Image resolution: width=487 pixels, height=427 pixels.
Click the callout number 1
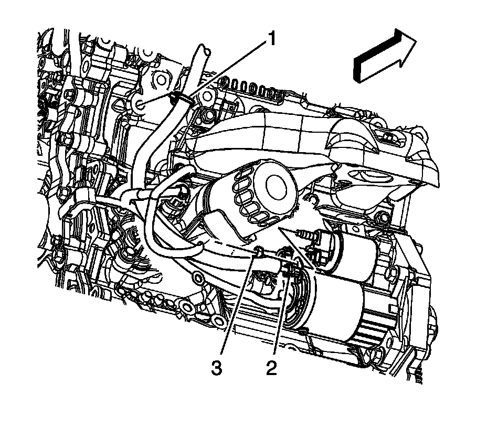(x=272, y=39)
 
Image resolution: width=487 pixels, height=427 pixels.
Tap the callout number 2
(x=272, y=368)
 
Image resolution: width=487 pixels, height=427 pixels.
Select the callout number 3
(x=217, y=368)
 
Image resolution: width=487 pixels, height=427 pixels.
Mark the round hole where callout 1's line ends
(x=141, y=105)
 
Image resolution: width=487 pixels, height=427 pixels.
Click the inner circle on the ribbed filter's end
(x=277, y=187)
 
